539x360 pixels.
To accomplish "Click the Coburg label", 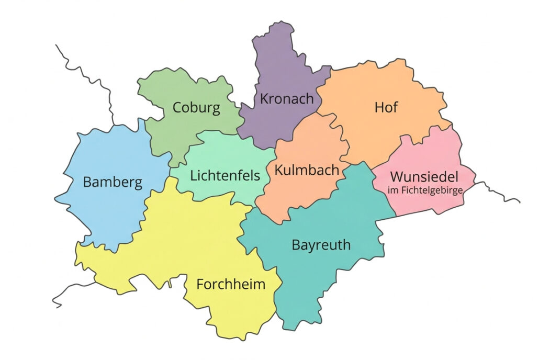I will [196, 108].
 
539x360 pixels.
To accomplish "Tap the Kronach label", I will [287, 98].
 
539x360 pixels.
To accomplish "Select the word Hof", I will [386, 107].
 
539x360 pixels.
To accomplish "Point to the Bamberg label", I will [113, 183].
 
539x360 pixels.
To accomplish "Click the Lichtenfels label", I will [225, 175].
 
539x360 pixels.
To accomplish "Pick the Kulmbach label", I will [307, 170].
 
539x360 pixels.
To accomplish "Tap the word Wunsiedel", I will [424, 176].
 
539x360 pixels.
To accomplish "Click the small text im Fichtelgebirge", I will [425, 191].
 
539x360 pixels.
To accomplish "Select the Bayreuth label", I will [321, 245].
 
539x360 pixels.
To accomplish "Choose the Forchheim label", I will [231, 285].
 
